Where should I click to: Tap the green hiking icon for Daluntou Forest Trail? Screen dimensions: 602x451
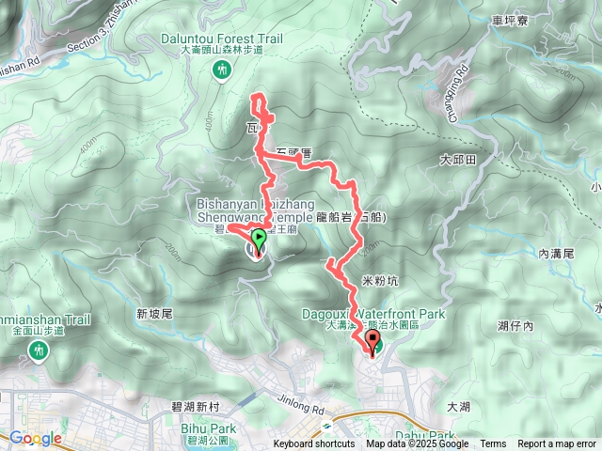click(x=223, y=69)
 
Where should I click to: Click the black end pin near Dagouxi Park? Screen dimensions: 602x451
click(x=372, y=343)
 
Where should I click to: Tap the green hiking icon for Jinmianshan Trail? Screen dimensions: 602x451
click(x=39, y=350)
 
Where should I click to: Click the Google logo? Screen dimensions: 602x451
click(x=35, y=438)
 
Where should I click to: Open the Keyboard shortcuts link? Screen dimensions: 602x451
click(x=314, y=444)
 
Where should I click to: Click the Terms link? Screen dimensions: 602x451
click(x=492, y=444)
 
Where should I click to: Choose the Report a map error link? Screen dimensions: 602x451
click(x=558, y=444)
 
